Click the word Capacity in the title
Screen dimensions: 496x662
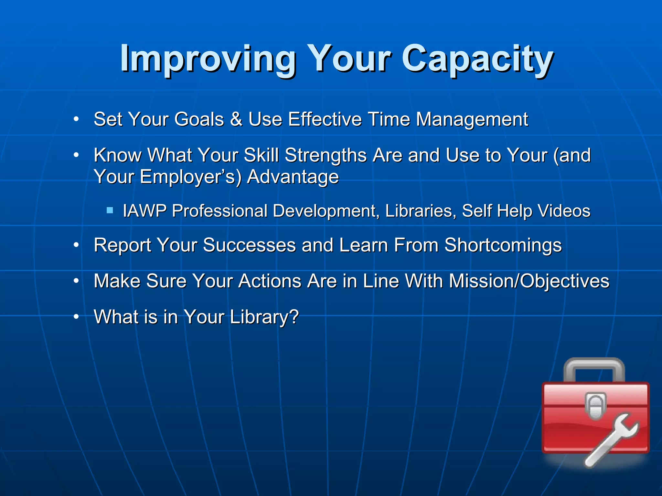(x=477, y=59)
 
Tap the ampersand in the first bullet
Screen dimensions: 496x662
(x=236, y=119)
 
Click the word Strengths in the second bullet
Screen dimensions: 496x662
(x=326, y=156)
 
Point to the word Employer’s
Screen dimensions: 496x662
(x=190, y=177)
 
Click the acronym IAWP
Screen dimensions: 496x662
(x=144, y=211)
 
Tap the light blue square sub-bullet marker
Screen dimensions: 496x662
(x=110, y=211)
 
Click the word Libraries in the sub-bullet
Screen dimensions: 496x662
(x=420, y=211)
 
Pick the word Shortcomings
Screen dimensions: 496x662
(x=503, y=245)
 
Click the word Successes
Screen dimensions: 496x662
(x=249, y=245)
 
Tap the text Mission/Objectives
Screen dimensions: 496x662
(x=529, y=281)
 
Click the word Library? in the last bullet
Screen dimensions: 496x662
(x=264, y=317)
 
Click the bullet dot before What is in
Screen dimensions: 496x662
(x=76, y=317)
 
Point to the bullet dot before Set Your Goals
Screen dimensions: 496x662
(x=76, y=119)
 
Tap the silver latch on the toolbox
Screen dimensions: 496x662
(x=595, y=406)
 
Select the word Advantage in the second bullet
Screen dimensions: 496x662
(x=293, y=177)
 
